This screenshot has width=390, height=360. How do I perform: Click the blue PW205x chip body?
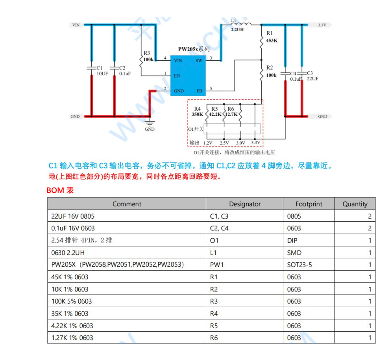point(187,75)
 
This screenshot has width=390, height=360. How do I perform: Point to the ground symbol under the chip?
point(150,124)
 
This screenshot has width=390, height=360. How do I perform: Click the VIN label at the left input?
point(76,25)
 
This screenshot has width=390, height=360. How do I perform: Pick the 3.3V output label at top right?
point(322,25)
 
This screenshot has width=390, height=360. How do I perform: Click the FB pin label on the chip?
point(199,91)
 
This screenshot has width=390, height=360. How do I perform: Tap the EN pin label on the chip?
point(177,76)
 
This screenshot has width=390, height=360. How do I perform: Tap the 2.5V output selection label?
point(224,143)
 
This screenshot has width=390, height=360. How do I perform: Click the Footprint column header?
point(309,204)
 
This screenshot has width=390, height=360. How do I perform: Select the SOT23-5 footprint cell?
point(299,265)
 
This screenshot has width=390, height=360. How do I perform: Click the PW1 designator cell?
point(217,265)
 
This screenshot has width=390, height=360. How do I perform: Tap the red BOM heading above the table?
point(60,190)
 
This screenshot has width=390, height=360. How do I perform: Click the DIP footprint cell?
point(292,240)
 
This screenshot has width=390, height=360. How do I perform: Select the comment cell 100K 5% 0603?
point(72,301)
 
